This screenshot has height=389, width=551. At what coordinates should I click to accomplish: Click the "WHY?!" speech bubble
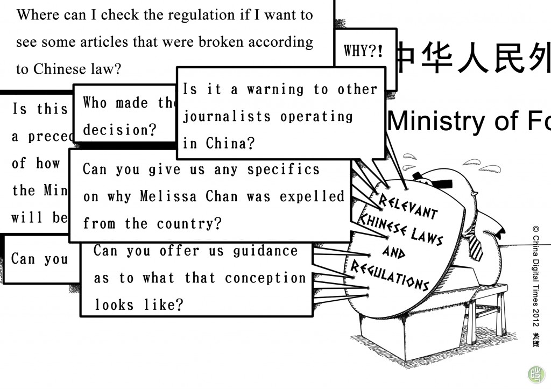point(363,52)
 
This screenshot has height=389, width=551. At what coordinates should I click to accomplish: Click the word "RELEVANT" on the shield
point(408,206)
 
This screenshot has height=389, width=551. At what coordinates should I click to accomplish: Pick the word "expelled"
point(312,196)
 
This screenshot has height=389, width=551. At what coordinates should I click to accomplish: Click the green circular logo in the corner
point(536,374)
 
